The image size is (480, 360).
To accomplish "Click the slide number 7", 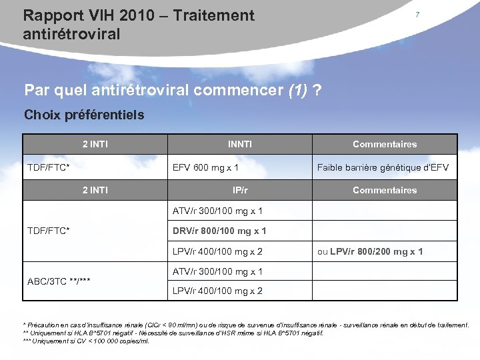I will [417, 15].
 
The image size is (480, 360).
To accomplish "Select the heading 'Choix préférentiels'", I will [84, 115].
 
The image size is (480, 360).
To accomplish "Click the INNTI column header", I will [240, 144].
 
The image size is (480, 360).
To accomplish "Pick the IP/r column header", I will [240, 190].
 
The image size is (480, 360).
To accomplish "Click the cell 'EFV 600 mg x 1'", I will [205, 167].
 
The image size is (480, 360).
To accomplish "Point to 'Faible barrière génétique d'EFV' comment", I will [383, 167].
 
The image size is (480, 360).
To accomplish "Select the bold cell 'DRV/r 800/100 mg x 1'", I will [219, 231].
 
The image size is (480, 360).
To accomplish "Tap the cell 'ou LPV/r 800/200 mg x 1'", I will [369, 251].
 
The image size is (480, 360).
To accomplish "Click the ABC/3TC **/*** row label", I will [59, 281].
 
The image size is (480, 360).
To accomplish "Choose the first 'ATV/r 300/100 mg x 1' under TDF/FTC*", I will [217, 211].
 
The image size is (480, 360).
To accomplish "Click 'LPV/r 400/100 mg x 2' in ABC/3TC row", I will [217, 291].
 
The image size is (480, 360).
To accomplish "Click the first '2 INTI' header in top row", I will [95, 144].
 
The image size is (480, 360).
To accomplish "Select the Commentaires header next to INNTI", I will [385, 144].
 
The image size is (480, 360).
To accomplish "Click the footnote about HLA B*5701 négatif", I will [173, 333].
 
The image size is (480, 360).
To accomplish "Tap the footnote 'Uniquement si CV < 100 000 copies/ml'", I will [87, 341].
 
